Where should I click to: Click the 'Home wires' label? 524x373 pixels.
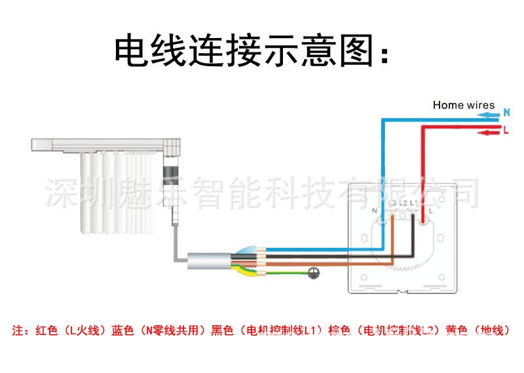coord(463,105)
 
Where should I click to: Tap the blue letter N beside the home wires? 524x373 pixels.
coord(506,113)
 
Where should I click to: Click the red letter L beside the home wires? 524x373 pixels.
coord(506,131)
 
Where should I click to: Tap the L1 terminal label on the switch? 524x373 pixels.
coord(414,203)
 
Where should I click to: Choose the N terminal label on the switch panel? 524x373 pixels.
coord(374,210)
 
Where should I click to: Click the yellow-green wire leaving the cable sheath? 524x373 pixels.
coord(275,273)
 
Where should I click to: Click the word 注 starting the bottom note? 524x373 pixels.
coord(18,330)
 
